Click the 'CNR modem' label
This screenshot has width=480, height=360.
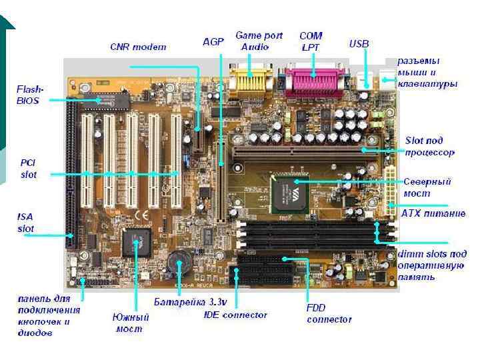click(138, 47)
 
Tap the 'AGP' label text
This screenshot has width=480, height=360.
click(213, 41)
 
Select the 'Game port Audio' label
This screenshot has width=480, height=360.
click(259, 41)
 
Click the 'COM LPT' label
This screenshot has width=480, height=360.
click(311, 41)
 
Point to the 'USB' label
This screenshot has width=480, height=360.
click(359, 43)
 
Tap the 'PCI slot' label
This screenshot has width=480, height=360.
click(28, 169)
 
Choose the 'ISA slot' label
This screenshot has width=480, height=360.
click(26, 223)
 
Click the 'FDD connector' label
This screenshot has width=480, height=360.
click(329, 314)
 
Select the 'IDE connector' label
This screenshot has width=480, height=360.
click(235, 315)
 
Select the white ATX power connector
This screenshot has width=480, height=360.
click(389, 185)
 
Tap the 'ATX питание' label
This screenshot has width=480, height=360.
click(433, 213)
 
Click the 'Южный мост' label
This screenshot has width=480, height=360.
click(130, 323)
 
